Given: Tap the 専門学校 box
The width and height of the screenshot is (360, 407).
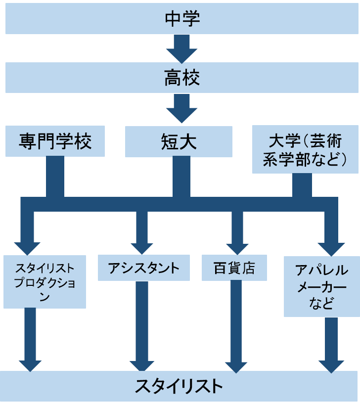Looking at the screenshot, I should click(55, 141).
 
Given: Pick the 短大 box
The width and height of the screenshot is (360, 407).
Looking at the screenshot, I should click(179, 141).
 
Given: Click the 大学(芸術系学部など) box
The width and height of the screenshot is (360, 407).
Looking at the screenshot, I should click(305, 149).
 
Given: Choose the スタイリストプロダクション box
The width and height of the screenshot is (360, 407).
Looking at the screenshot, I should click(45, 282).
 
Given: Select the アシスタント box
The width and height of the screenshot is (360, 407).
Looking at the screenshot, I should click(143, 268).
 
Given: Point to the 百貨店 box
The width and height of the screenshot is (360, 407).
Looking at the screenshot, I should click(234, 268).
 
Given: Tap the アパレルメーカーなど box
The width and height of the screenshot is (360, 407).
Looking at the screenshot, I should click(321, 287).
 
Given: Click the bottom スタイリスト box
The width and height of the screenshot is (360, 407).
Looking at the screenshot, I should click(180, 386).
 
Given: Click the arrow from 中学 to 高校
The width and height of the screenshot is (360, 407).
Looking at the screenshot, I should click(181, 48).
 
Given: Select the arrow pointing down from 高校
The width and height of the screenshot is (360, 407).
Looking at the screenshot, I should click(181, 108).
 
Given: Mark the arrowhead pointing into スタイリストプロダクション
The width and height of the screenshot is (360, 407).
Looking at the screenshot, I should click(27, 247).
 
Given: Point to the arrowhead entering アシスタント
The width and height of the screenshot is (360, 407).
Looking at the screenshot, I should click(142, 247).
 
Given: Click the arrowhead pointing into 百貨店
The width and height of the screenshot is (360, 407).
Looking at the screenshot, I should click(237, 247).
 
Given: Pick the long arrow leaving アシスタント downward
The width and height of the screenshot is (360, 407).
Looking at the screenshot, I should click(142, 326).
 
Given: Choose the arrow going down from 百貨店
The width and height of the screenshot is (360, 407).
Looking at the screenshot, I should click(236, 326).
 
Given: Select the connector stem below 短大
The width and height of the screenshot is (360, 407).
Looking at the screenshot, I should click(181, 177).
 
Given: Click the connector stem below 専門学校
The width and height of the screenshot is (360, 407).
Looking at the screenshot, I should click(55, 177).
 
